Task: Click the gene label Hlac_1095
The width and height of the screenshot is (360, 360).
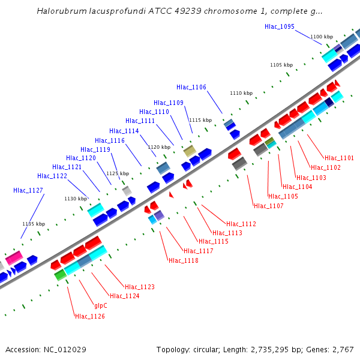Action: click(x=279, y=26)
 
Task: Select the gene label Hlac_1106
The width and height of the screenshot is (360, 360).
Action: click(x=191, y=88)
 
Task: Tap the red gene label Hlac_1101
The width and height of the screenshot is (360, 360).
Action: click(x=339, y=158)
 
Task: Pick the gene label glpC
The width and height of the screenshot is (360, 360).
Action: click(x=101, y=305)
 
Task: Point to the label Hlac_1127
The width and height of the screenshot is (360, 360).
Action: click(x=28, y=190)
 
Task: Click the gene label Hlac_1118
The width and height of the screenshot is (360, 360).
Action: click(x=183, y=260)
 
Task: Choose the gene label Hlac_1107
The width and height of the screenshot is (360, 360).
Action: click(x=268, y=206)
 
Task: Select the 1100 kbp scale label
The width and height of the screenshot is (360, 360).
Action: click(x=321, y=37)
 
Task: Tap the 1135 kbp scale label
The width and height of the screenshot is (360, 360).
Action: click(x=34, y=224)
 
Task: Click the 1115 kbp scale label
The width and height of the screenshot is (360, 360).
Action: click(x=200, y=120)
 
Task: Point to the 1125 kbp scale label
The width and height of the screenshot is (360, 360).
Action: click(x=118, y=173)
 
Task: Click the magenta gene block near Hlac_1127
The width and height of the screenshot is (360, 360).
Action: click(x=14, y=259)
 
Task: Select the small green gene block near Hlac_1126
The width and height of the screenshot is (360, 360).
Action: click(x=60, y=275)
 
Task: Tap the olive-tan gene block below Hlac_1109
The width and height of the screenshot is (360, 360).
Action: click(x=190, y=151)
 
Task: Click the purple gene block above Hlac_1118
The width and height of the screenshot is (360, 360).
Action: click(x=159, y=215)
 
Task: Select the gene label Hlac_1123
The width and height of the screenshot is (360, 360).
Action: click(x=140, y=287)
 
